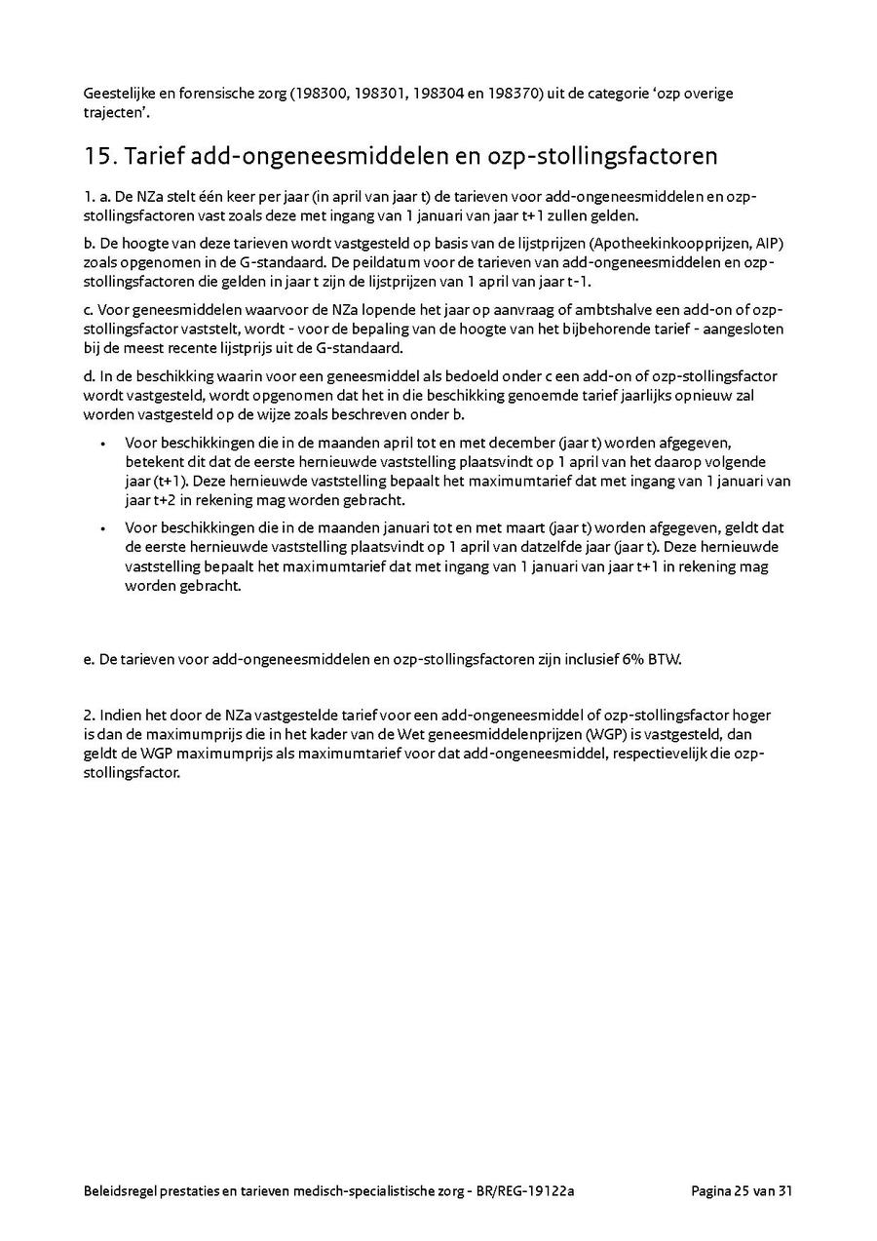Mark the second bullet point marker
[104, 528]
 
